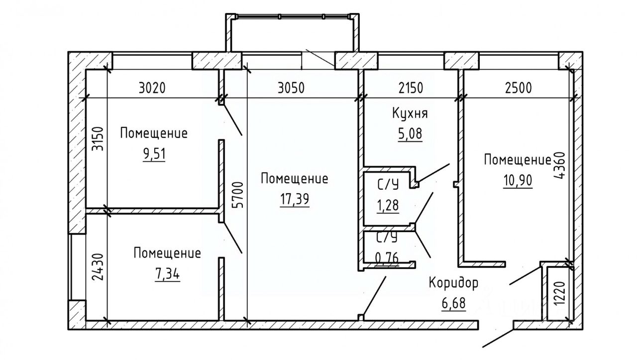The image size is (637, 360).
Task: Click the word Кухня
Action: point(410,114)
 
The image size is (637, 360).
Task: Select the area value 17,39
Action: point(294,199)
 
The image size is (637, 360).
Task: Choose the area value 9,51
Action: point(154,153)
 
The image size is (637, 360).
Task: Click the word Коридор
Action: point(453,283)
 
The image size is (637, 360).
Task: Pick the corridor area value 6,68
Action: point(453,303)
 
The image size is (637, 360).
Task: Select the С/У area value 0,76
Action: point(387,258)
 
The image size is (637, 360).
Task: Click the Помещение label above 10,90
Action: point(518,160)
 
